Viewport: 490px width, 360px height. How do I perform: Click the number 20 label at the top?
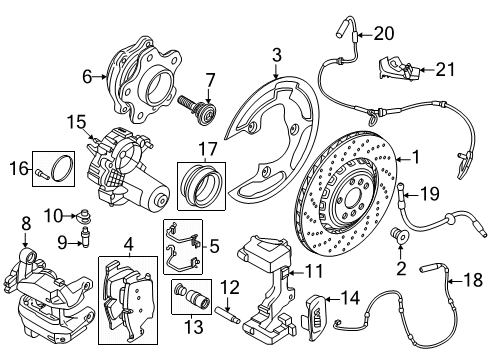coord(383,34)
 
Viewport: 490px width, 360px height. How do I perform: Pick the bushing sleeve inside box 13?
coord(186,297)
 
